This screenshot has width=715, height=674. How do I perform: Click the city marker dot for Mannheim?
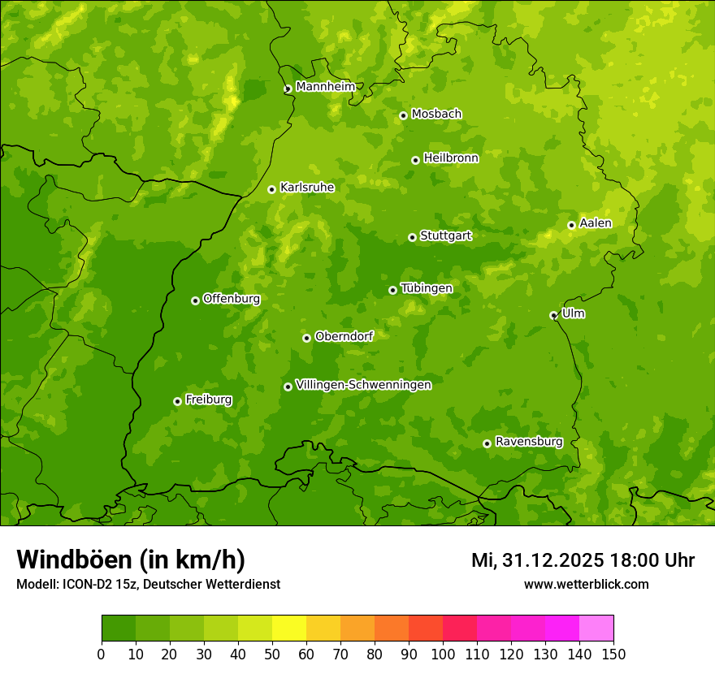click(288, 89)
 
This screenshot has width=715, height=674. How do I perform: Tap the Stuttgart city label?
click(445, 235)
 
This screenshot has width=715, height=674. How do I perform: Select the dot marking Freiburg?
click(177, 401)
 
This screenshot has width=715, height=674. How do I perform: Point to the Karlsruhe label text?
click(306, 188)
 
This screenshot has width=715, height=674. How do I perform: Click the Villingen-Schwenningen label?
click(363, 385)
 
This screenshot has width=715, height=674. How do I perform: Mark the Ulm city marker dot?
click(553, 316)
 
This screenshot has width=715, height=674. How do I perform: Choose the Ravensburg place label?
click(528, 442)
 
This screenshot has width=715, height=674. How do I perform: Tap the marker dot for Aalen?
click(571, 226)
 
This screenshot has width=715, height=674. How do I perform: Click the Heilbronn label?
click(451, 158)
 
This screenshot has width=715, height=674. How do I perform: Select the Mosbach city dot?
click(403, 116)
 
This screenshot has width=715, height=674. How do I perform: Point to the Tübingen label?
click(426, 288)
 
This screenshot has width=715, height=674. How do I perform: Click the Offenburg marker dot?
click(195, 300)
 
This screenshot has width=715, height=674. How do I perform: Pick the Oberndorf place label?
click(344, 336)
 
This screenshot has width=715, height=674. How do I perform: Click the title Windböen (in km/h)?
click(131, 560)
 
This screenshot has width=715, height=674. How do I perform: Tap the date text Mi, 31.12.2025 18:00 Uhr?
click(583, 560)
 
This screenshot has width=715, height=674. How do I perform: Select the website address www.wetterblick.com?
click(586, 584)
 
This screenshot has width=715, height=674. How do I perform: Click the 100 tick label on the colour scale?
click(443, 655)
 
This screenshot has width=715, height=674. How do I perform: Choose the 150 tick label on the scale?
click(613, 655)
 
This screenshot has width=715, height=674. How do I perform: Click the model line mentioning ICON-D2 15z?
click(148, 584)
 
